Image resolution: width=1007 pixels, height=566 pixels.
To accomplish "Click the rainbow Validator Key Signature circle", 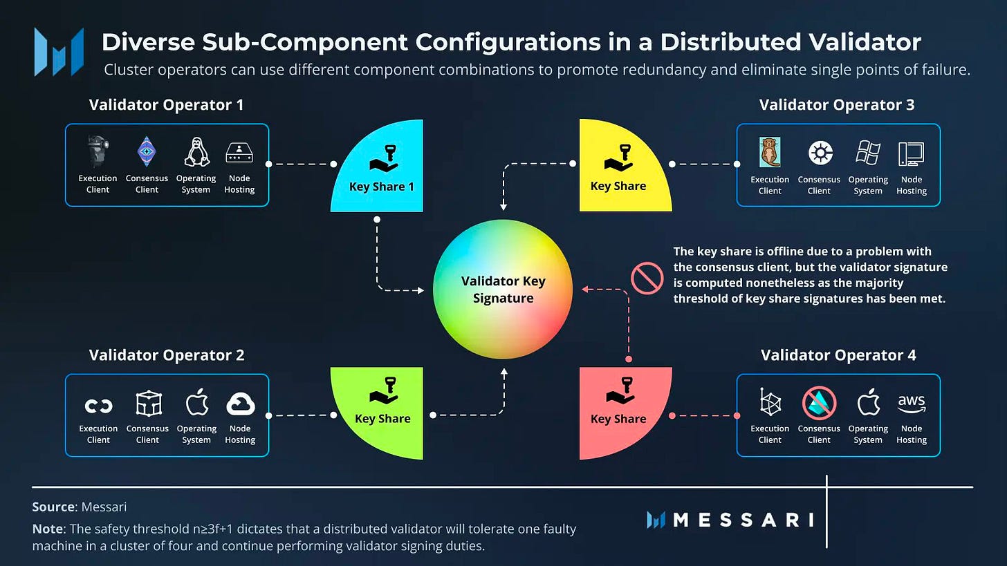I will tap(503, 290).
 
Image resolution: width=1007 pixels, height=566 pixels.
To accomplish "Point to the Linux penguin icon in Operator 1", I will tap(196, 151).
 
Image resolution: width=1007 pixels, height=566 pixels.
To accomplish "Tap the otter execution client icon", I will tap(769, 152).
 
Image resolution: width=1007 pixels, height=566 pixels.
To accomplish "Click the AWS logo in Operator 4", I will tap(912, 402).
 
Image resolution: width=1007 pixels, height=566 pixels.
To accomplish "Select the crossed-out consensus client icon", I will tap(819, 402).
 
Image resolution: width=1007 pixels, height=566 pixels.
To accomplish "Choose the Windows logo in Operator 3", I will tap(868, 152).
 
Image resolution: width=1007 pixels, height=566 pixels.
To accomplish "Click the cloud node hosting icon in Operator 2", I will tap(240, 404).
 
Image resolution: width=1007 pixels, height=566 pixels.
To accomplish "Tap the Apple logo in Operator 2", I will tap(196, 402).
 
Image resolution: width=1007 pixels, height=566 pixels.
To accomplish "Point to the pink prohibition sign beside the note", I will tap(647, 279).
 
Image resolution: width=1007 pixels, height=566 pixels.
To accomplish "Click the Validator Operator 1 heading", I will tap(166, 105).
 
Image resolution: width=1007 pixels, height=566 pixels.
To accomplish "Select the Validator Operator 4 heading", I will tap(838, 355).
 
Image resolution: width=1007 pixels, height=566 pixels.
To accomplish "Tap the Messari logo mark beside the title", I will tap(59, 52).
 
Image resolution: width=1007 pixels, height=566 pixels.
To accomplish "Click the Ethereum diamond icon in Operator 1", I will tap(147, 151).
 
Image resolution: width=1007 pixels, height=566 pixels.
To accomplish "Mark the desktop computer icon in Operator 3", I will tap(911, 153).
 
